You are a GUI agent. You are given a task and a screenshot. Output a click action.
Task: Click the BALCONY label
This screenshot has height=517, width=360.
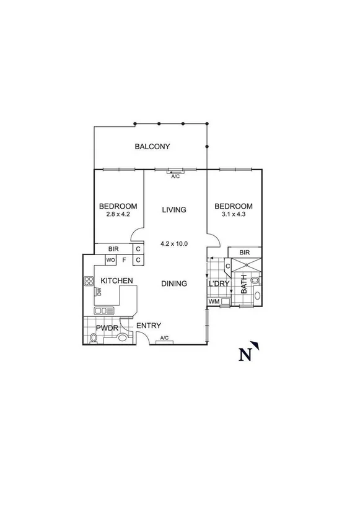point(152,147)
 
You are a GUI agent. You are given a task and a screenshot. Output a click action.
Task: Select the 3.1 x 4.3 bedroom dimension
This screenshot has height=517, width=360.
point(234,215)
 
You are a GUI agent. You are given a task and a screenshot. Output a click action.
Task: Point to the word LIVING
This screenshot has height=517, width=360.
point(174,210)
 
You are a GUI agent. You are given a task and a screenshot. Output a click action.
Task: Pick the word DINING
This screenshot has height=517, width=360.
point(174,284)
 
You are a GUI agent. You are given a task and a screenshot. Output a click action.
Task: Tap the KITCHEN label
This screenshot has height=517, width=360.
point(117,280)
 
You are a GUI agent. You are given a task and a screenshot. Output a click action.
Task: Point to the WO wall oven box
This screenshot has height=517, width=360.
point(111,260)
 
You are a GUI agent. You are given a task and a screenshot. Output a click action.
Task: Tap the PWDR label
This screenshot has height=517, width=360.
point(107,328)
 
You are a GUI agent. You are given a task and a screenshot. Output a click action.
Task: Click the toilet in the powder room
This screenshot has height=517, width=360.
point(95,338)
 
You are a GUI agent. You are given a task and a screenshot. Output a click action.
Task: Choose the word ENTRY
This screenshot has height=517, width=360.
point(149,326)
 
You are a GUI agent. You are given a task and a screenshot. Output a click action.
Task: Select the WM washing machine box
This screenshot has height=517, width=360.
point(214,302)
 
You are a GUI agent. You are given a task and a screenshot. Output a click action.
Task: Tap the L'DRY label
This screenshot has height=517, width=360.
point(219,284)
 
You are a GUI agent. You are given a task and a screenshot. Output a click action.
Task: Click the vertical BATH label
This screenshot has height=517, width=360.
point(244,284)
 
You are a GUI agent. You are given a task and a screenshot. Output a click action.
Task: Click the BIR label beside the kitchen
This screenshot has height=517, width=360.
point(113,249)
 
